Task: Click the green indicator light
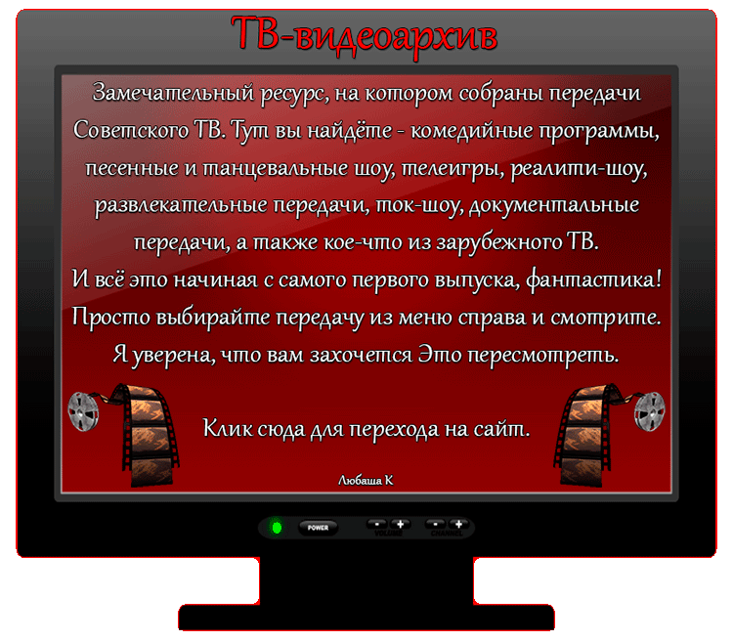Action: click(x=277, y=528)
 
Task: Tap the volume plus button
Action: click(x=400, y=524)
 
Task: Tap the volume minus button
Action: click(x=377, y=524)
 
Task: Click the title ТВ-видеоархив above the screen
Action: click(x=365, y=35)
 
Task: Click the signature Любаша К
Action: click(x=366, y=480)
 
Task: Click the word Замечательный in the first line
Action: click(x=174, y=93)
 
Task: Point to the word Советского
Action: click(x=130, y=130)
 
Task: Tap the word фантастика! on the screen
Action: click(x=593, y=280)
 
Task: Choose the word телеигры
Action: click(x=453, y=168)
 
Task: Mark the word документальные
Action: click(x=554, y=205)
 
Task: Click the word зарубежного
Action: click(x=498, y=242)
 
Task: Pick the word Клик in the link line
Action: click(x=227, y=428)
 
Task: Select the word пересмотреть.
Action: click(x=543, y=355)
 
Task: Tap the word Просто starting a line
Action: click(x=110, y=317)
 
